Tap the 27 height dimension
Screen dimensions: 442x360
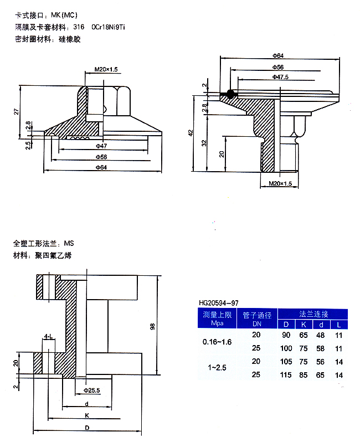click(17, 111)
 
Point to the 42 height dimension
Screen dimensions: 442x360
click(191, 132)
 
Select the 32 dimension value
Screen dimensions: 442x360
click(204, 142)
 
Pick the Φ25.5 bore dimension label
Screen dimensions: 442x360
click(91, 390)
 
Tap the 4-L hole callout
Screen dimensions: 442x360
click(49, 336)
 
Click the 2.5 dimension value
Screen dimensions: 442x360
click(27, 145)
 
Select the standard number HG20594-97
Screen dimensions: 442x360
click(219, 302)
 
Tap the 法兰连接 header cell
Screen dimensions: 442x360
click(313, 313)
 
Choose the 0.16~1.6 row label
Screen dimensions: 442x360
click(217, 342)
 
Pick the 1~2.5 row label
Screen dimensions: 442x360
click(217, 368)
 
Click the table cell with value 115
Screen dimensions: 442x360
click(286, 375)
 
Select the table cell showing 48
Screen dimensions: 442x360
click(321, 335)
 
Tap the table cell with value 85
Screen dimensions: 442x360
click(304, 375)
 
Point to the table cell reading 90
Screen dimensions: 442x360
click(286, 335)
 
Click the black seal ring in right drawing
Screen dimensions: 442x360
click(227, 96)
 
